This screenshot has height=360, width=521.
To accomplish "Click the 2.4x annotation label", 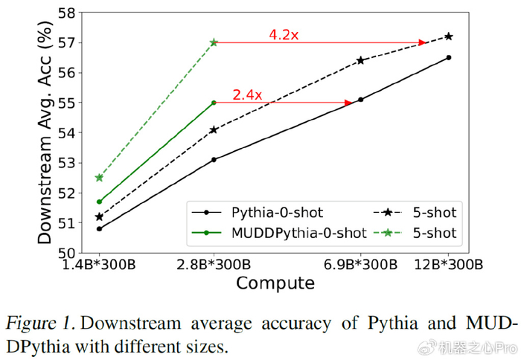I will pyautogui.click(x=248, y=94).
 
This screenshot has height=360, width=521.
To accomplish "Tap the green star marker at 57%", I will pyautogui.click(x=214, y=42).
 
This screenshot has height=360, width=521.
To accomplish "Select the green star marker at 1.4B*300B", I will pyautogui.click(x=99, y=178).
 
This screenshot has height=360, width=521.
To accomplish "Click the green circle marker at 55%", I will pyautogui.click(x=214, y=103).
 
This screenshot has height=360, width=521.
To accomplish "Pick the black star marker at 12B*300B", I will pyautogui.click(x=448, y=36).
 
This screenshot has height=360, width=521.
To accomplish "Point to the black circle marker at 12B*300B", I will pyautogui.click(x=448, y=57).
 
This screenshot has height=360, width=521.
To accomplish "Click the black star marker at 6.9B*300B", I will pyautogui.click(x=360, y=60).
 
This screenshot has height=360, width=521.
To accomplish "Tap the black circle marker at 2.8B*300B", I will pyautogui.click(x=214, y=159).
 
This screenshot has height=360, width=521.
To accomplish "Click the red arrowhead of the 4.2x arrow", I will pyautogui.click(x=423, y=42).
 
